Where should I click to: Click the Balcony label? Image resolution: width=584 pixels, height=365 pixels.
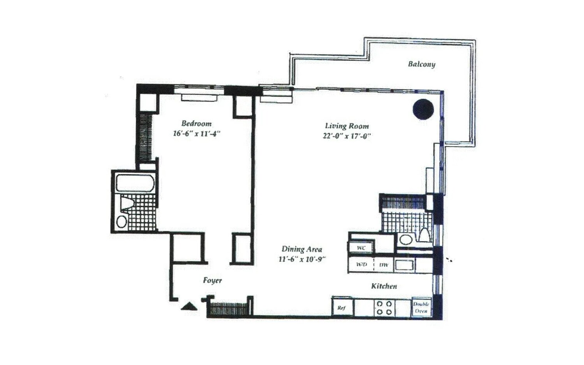[x=421, y=64]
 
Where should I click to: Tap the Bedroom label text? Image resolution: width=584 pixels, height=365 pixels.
[x=197, y=124]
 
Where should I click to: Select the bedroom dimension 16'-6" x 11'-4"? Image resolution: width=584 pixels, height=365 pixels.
[x=197, y=134]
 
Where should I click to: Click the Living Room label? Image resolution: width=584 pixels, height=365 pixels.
[x=347, y=126]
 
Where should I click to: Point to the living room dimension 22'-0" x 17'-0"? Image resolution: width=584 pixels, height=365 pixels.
[x=347, y=136]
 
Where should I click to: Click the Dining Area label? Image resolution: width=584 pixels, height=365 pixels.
[x=302, y=249]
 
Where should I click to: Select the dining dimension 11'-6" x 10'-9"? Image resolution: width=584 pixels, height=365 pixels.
[x=302, y=259]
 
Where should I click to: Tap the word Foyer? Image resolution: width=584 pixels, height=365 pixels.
[x=212, y=280]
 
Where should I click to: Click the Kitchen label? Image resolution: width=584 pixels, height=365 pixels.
[x=384, y=286]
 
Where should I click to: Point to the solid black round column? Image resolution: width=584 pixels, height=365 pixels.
[x=423, y=109]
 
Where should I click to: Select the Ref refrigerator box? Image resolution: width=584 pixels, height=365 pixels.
[x=342, y=307]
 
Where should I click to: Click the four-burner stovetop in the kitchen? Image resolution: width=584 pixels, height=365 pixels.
[x=384, y=307]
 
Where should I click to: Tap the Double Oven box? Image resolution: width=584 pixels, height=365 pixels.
[x=421, y=307]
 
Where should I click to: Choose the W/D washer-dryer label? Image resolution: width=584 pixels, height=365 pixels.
[x=361, y=265]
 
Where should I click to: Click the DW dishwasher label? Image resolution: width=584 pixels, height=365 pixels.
[x=383, y=265]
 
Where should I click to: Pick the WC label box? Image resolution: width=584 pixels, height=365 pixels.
[x=361, y=247]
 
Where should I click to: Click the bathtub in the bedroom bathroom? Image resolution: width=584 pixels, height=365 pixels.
[x=135, y=183]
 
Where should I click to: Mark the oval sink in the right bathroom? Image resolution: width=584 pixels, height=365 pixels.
[x=406, y=239]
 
